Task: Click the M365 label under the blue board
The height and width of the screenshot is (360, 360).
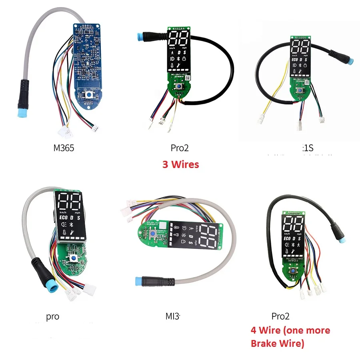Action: pos(64,148)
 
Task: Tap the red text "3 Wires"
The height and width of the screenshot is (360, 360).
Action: pos(180,164)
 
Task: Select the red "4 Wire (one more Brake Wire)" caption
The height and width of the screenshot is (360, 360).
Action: pos(290,336)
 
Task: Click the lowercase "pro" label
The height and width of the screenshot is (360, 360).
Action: pos(52,317)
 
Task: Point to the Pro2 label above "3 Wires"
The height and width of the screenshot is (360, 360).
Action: pos(179,148)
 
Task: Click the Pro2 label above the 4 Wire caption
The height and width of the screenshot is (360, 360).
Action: pos(280,316)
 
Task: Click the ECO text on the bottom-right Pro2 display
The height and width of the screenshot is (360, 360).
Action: pos(286,238)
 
